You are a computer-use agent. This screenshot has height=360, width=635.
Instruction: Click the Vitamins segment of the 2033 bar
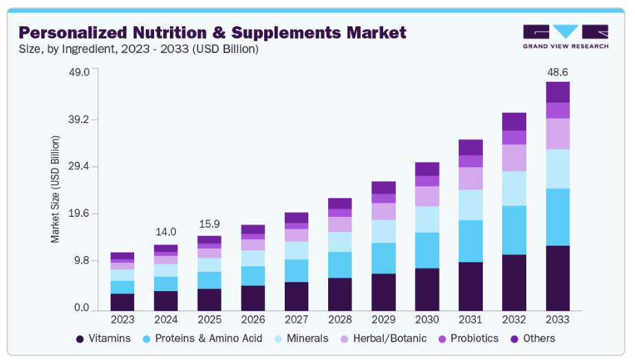click(558, 277)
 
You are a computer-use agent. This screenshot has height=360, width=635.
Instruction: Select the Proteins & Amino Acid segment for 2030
click(427, 250)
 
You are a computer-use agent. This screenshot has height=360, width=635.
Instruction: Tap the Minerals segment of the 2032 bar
click(514, 188)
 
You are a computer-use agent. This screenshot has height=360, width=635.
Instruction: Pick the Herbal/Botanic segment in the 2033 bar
click(558, 134)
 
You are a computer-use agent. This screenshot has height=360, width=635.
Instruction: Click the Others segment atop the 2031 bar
click(471, 147)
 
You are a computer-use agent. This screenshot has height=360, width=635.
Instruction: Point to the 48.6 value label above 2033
click(558, 72)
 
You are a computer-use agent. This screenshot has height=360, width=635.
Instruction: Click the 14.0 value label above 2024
click(166, 232)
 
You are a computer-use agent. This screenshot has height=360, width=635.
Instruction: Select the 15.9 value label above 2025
click(209, 224)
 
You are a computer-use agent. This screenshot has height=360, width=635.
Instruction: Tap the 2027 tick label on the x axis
click(297, 320)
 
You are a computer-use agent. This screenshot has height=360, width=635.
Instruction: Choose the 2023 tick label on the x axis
click(122, 320)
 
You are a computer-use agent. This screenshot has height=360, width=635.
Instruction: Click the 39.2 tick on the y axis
click(79, 119)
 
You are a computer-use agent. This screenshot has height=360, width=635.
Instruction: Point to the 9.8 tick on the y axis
click(82, 261)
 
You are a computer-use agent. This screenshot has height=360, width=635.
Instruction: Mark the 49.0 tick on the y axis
click(79, 72)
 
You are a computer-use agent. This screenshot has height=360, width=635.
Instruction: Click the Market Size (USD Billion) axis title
click(56, 189)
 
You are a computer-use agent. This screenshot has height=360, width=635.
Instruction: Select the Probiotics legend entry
click(468, 339)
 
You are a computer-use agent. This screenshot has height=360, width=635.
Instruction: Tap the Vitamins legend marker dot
click(80, 339)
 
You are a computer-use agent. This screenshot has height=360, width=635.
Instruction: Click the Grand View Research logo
click(566, 36)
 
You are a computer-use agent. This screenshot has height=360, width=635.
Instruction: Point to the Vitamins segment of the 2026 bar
click(252, 297)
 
